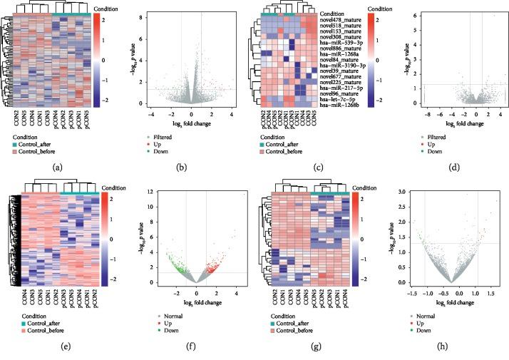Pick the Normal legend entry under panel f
197,316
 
